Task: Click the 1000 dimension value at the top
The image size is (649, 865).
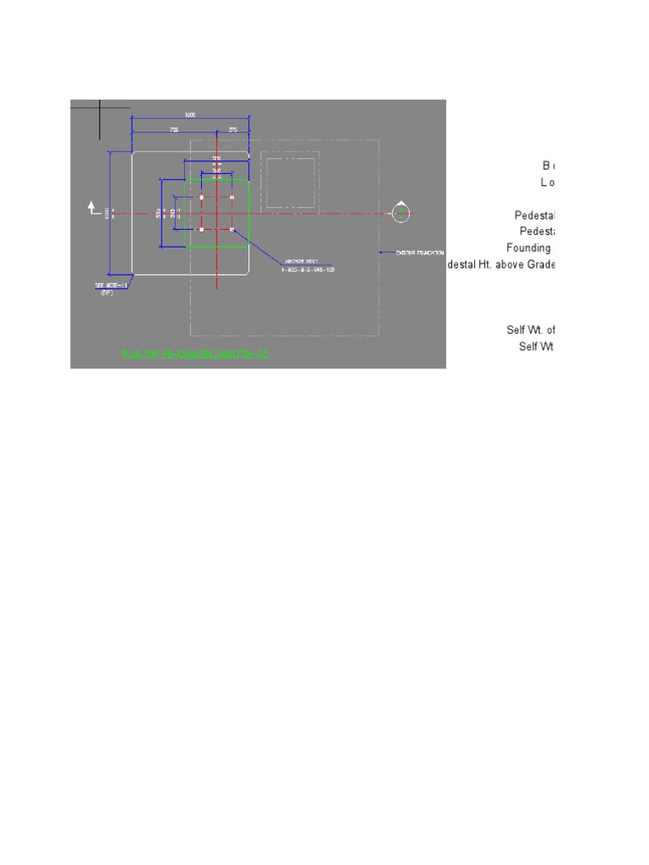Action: pyautogui.click(x=190, y=115)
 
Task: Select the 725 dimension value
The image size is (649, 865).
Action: pyautogui.click(x=174, y=130)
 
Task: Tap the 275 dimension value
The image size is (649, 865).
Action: pyautogui.click(x=233, y=130)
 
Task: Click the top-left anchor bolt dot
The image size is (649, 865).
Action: pyautogui.click(x=201, y=198)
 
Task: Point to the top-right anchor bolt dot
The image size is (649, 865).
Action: pyautogui.click(x=232, y=198)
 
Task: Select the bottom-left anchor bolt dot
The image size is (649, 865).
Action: pyautogui.click(x=201, y=229)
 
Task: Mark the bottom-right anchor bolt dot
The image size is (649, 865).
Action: pyautogui.click(x=232, y=229)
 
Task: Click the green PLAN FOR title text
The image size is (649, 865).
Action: pyautogui.click(x=194, y=354)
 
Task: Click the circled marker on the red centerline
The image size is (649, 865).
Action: pyautogui.click(x=402, y=214)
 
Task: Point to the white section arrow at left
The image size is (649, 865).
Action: pyautogui.click(x=93, y=208)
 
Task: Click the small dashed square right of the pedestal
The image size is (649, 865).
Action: pyautogui.click(x=290, y=180)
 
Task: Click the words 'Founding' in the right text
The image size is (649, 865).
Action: pyautogui.click(x=528, y=248)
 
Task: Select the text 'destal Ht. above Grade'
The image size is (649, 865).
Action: pyautogui.click(x=501, y=264)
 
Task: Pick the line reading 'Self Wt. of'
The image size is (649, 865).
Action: pyautogui.click(x=530, y=329)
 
